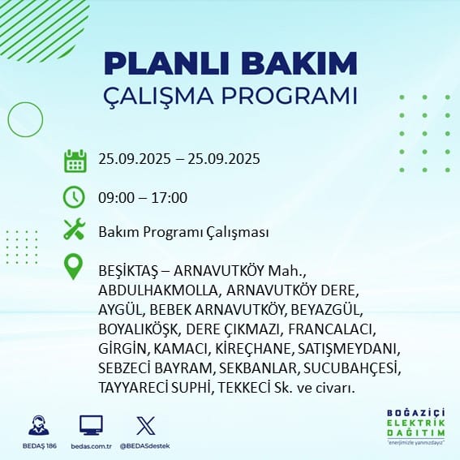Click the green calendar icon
[75, 161]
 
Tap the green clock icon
[74, 197]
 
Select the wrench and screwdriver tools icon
[75, 229]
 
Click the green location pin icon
[73, 266]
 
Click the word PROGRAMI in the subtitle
[289, 96]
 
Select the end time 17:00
[170, 198]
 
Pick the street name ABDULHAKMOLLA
[159, 290]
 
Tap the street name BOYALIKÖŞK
[139, 329]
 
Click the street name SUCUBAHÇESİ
[352, 369]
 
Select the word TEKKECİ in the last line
[244, 388]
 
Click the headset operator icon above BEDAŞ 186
[39, 425]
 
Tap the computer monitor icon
[91, 425]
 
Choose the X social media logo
[146, 425]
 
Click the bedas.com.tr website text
[91, 446]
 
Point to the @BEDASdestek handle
[145, 446]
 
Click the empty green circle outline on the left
[8, 120]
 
